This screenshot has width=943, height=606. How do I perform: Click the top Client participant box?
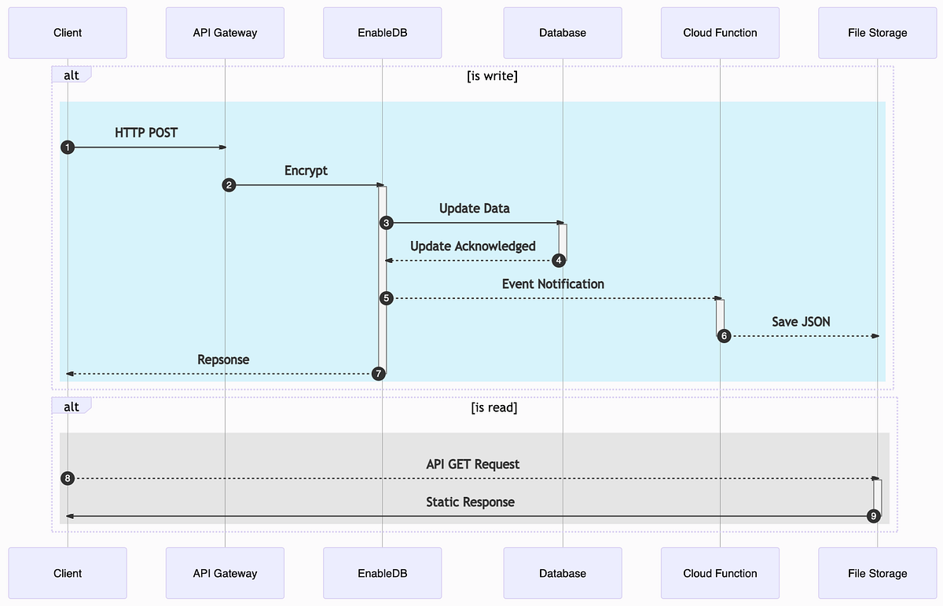pos(68,33)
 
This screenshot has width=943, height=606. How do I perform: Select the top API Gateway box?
pos(225,33)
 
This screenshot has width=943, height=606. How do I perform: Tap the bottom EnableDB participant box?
pos(382,573)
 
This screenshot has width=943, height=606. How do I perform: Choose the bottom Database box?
pos(563,573)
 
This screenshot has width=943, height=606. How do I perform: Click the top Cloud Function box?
pos(720,33)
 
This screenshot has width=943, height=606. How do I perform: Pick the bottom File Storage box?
pos(877,573)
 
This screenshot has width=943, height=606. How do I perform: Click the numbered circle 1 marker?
pos(68,148)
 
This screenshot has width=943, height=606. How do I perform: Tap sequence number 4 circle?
pos(559,261)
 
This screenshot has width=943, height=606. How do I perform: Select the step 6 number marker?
pos(724,336)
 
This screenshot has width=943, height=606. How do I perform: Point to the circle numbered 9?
pos(873,517)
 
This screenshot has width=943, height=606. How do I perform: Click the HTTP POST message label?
pos(146,133)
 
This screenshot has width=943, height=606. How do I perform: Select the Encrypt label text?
pos(306,170)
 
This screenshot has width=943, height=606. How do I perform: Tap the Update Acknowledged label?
pos(472,246)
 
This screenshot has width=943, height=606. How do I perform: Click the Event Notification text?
pos(552,283)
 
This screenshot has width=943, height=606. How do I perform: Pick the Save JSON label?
pos(801,321)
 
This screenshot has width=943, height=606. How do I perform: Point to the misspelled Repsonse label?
pos(223,360)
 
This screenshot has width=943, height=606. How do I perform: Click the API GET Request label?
pos(472,464)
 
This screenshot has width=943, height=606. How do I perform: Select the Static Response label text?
pos(470,502)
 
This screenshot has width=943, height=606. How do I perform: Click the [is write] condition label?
pos(492,76)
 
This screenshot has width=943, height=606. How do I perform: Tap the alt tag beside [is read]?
pos(71,406)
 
